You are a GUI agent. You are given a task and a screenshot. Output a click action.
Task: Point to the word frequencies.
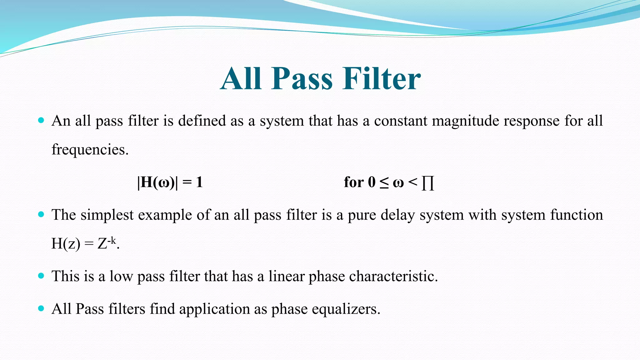[90, 150]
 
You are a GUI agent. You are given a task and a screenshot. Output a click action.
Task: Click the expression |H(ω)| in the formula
[157, 182]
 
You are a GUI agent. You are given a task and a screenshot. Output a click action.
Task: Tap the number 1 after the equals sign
[199, 182]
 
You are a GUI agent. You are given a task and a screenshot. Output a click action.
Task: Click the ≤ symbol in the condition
[384, 183]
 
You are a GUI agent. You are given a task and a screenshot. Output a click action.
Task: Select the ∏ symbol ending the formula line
[427, 183]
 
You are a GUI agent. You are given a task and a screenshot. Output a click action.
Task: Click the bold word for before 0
[354, 182]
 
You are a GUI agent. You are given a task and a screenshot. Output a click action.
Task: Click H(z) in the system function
[66, 244]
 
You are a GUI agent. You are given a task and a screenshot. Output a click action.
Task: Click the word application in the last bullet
[214, 309]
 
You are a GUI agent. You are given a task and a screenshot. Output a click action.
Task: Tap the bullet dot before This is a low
[41, 276]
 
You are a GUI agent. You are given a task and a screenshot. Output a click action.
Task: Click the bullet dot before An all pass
[41, 120]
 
